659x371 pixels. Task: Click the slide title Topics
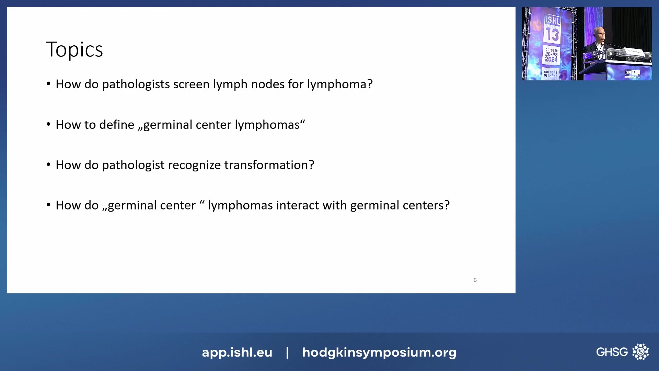tap(74, 50)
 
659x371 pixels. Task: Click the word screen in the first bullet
tap(191, 84)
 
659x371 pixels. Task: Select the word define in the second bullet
tap(117, 125)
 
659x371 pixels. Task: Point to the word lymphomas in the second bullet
tap(267, 125)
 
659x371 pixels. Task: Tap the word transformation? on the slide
tap(269, 165)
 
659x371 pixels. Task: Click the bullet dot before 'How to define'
tap(48, 124)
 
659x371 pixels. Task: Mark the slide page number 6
tap(475, 280)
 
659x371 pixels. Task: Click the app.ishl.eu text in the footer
tap(237, 352)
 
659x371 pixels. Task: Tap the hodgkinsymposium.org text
tap(379, 352)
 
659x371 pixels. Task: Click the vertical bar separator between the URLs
tap(287, 352)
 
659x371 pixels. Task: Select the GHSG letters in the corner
tap(612, 352)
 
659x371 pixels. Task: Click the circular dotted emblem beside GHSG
tap(640, 352)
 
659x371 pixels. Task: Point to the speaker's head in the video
tap(599, 34)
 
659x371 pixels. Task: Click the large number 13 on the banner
tap(552, 35)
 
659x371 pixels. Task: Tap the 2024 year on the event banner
tap(551, 59)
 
